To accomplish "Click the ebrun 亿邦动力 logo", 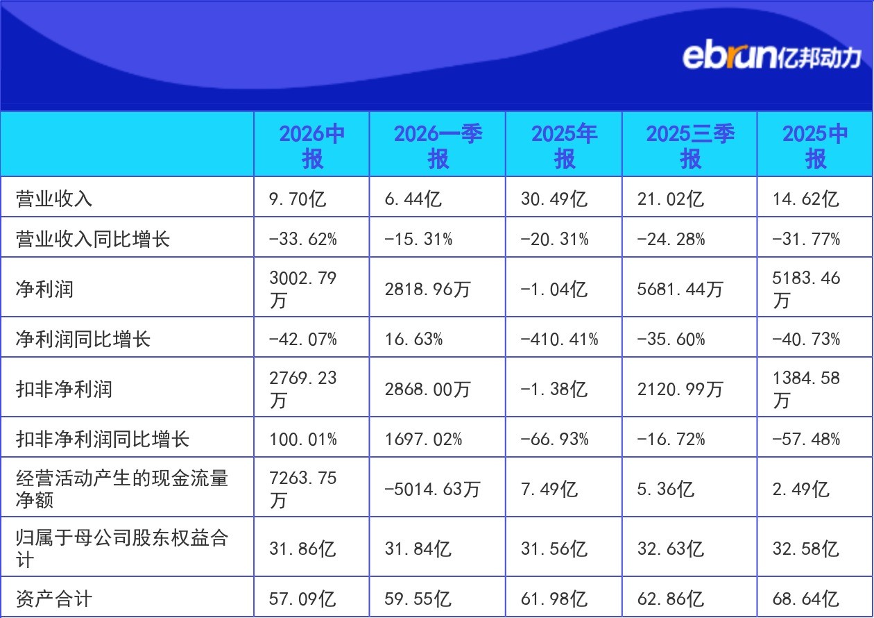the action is tap(771, 57).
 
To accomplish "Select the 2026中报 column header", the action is tap(312, 146).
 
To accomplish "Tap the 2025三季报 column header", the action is tap(690, 146).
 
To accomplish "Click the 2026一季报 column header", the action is tap(438, 146).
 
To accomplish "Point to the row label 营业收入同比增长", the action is tap(93, 239).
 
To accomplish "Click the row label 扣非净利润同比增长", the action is tap(103, 439).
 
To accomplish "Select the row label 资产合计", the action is tap(54, 599).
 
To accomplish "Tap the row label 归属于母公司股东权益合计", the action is tap(122, 549).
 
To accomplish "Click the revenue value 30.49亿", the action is tap(554, 199).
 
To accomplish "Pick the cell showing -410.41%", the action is tap(559, 339).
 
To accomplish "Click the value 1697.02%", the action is tap(423, 439).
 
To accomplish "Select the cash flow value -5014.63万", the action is tap(432, 489).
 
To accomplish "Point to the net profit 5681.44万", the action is tap(680, 289).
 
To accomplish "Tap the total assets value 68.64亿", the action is tap(806, 599).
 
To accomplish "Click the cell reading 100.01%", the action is tap(303, 439).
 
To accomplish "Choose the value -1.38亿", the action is tap(554, 389).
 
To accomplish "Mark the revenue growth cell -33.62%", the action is tap(303, 239).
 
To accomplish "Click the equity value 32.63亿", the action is tap(671, 549).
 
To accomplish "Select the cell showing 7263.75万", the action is tap(302, 489).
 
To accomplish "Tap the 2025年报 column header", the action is tap(564, 146).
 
